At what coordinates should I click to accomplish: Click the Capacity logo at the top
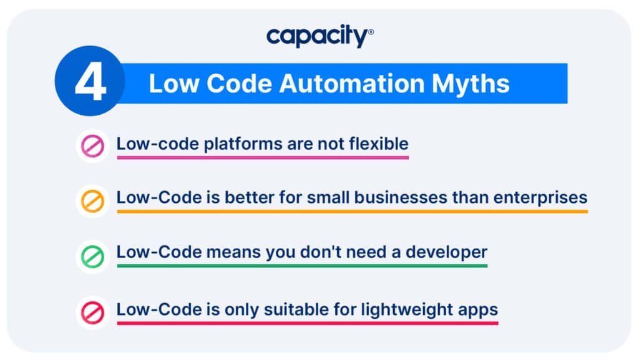320,36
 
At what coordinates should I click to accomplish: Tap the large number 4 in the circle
90,83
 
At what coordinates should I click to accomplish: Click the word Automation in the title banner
352,84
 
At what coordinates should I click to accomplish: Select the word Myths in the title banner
471,84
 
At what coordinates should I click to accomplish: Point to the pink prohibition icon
92,146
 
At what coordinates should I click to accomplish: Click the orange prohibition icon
92,201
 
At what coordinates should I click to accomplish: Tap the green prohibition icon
92,256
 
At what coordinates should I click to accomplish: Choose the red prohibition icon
92,313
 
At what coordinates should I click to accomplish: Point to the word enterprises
540,198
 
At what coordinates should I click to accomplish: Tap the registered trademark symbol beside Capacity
371,32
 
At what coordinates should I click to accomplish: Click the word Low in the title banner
175,84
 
